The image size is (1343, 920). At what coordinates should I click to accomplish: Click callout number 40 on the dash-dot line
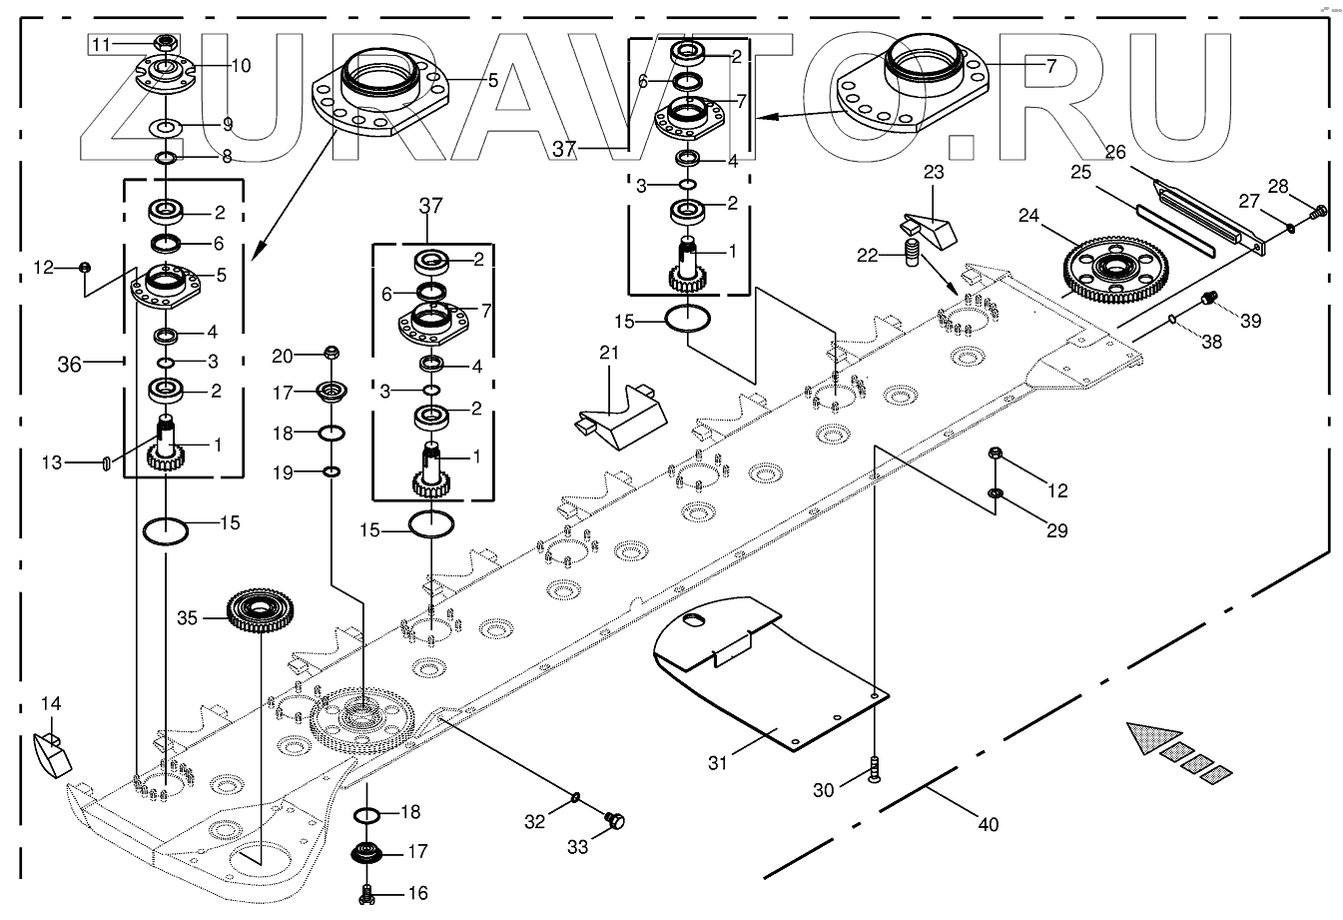coord(987,825)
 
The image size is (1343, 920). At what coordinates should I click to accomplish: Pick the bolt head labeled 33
coord(615,821)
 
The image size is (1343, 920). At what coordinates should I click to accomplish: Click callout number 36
coord(68,366)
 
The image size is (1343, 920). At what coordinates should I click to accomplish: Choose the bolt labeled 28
coord(1318,211)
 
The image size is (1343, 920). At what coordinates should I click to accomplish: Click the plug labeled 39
coord(1207,297)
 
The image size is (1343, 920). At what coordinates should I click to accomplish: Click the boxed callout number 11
coord(103,44)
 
